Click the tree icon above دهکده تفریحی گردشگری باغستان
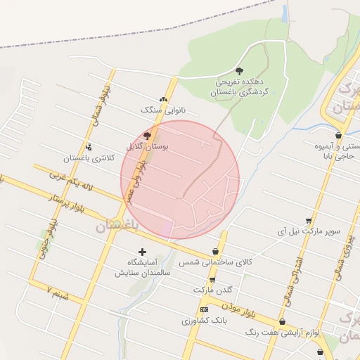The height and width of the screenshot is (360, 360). point(239,70)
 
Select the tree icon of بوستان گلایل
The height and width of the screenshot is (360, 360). point(146,136)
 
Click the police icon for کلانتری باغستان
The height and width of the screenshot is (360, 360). point(89,147)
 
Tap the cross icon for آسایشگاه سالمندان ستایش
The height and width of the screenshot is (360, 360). point(143,251)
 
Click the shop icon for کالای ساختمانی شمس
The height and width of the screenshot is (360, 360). point(215,252)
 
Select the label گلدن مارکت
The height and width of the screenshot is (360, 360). point(212,290)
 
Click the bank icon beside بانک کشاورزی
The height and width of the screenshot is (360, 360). point(204,309)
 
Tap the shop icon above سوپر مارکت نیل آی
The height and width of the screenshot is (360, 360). point(308,220)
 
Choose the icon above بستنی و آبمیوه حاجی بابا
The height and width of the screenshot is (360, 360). point(338,135)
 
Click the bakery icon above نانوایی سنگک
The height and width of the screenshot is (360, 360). point(163,100)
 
